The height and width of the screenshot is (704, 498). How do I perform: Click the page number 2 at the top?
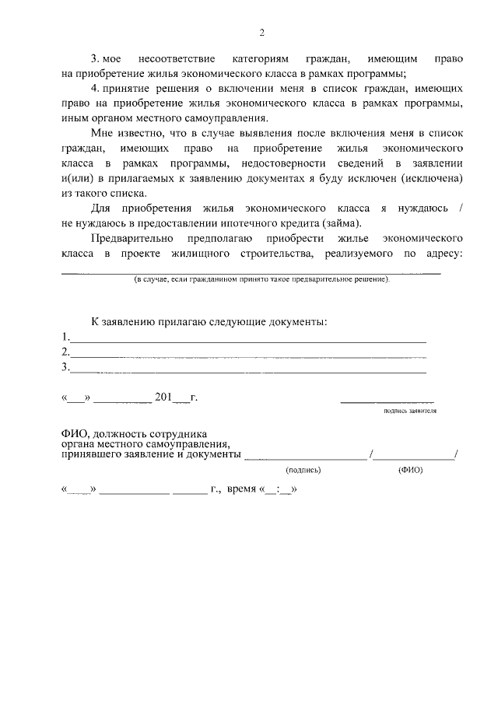(261, 33)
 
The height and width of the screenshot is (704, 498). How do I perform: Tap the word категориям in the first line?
(259, 59)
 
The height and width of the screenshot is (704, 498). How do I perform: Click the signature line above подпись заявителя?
(387, 401)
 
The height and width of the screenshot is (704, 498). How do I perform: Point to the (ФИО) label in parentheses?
(410, 470)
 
